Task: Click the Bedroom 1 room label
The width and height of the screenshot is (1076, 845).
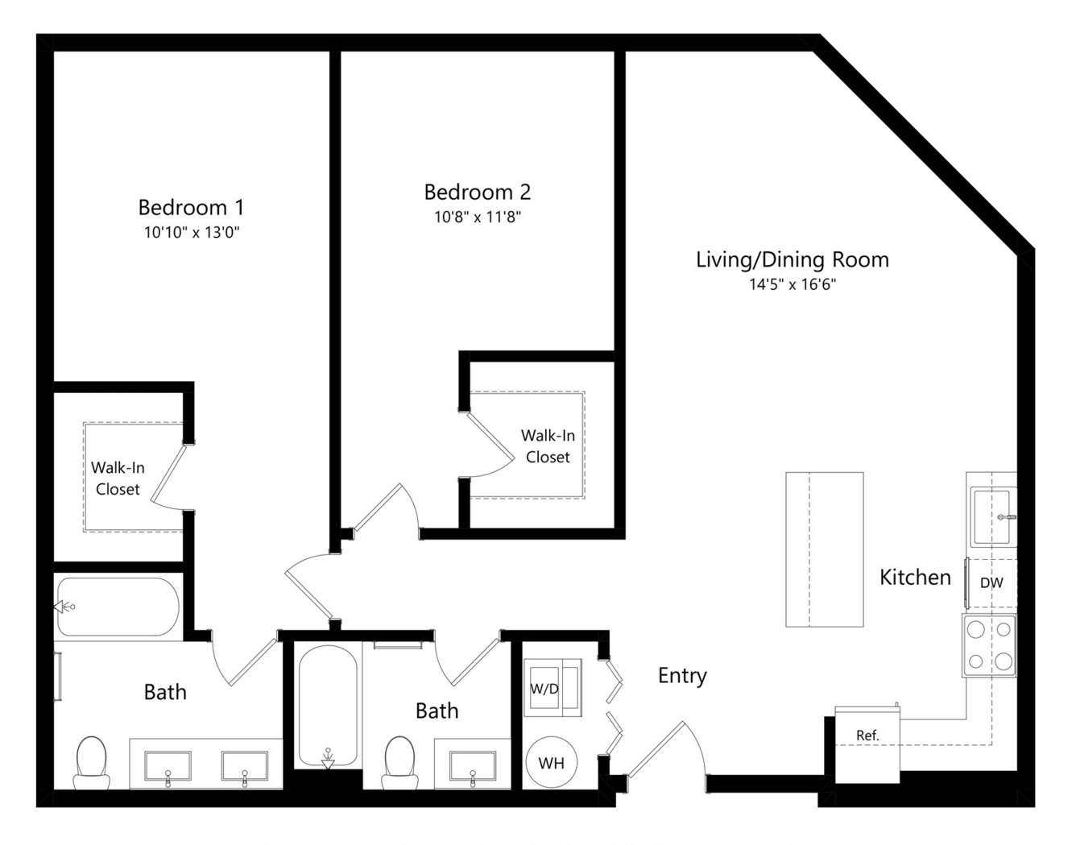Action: [x=191, y=207]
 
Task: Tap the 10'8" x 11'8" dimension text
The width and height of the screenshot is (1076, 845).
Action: [x=478, y=217]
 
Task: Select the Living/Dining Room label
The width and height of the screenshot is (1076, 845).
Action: [x=793, y=260]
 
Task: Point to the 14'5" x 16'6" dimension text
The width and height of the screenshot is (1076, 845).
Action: [x=793, y=284]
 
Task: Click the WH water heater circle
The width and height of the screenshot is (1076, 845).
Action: [x=551, y=763]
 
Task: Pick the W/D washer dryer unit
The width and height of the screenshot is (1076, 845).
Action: [x=552, y=688]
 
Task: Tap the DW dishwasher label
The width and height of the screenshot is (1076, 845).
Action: [x=991, y=583]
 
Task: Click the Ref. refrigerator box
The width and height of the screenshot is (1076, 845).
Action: [x=867, y=744]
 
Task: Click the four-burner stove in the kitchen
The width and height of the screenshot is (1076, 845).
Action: [x=989, y=645]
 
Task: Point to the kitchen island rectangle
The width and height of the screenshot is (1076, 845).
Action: [x=825, y=549]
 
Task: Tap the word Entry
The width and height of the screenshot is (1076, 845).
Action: [x=682, y=676]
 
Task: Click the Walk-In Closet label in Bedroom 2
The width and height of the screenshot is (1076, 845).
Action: [x=548, y=446]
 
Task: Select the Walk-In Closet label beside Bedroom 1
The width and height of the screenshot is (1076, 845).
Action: [x=118, y=478]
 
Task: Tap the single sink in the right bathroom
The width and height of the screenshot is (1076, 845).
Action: [x=473, y=767]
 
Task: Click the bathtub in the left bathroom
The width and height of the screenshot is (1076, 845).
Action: [x=118, y=607]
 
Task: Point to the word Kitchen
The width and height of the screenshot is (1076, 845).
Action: [x=915, y=578]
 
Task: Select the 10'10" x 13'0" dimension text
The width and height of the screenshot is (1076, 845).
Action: [x=192, y=232]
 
